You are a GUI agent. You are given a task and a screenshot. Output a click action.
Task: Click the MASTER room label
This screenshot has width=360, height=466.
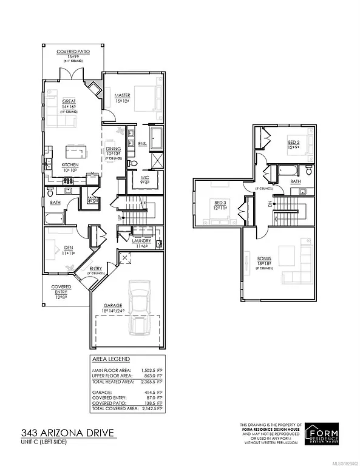123,96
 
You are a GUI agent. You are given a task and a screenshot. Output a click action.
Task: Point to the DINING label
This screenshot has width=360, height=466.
114,149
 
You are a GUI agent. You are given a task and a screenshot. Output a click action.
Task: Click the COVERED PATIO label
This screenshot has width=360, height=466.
73,52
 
